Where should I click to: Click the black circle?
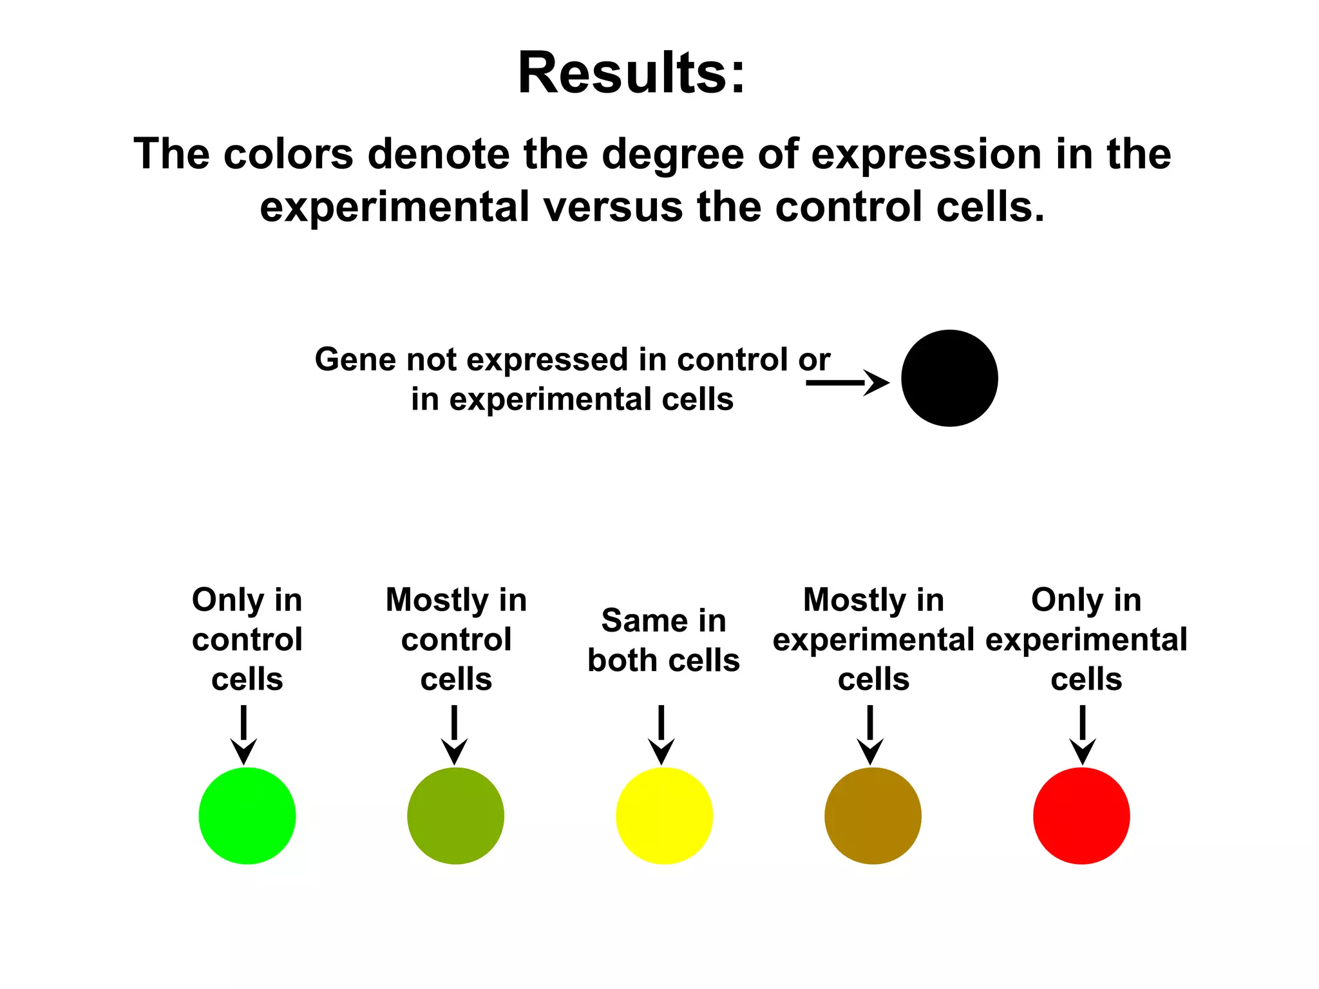point(949,378)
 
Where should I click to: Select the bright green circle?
point(247,816)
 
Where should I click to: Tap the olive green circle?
point(456,816)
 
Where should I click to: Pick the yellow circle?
point(664,816)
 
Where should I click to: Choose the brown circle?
point(873,816)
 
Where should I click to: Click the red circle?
point(1081,816)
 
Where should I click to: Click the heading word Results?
point(632,73)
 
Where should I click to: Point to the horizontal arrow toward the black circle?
point(847,382)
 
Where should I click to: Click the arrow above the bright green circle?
point(244,735)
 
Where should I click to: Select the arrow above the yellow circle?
point(661,735)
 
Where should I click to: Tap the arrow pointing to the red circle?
point(1083,735)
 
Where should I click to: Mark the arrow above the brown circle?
point(870,735)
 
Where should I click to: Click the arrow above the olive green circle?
point(454,735)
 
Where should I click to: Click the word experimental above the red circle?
point(1087,640)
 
